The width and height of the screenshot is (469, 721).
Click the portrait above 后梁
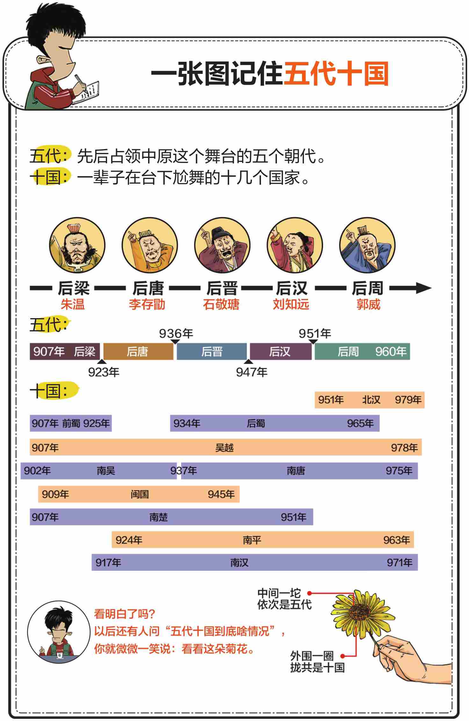pyautogui.click(x=77, y=245)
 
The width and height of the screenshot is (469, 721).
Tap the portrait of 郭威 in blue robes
pyautogui.click(x=367, y=245)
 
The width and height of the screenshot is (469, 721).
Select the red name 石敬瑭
pyautogui.click(x=221, y=304)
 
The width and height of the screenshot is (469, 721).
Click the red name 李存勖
pyautogui.click(x=147, y=304)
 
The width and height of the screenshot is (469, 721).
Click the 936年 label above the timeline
pyautogui.click(x=176, y=333)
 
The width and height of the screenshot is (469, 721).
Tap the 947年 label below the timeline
pyautogui.click(x=251, y=372)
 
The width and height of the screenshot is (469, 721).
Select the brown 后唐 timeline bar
pyautogui.click(x=138, y=352)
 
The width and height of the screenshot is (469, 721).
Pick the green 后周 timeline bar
pyautogui.click(x=362, y=352)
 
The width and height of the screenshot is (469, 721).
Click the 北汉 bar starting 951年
pyautogui.click(x=370, y=400)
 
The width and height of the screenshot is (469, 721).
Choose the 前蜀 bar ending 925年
pyautogui.click(x=71, y=423)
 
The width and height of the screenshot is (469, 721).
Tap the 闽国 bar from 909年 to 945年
pyautogui.click(x=139, y=494)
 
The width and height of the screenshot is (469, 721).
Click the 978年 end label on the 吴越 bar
pyautogui.click(x=404, y=448)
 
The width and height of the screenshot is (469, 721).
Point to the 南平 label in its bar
pyautogui.click(x=252, y=540)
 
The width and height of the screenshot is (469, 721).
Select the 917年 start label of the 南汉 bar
pyautogui.click(x=108, y=562)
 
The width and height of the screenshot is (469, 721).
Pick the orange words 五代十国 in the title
pyautogui.click(x=336, y=74)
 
